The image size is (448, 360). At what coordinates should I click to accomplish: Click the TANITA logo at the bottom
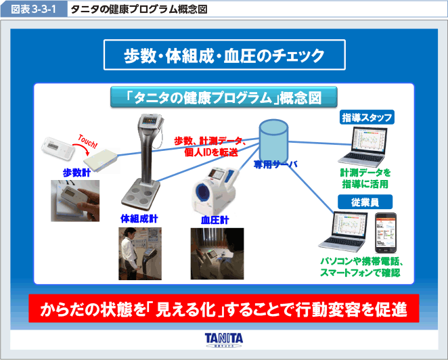click(x=224, y=340)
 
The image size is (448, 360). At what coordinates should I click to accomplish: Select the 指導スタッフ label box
click(x=367, y=117)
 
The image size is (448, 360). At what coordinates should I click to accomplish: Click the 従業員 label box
click(x=365, y=202)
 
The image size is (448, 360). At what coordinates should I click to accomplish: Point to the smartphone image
click(x=386, y=233)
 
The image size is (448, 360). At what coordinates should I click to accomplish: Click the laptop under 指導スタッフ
click(x=363, y=147)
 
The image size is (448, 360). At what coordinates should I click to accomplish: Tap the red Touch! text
click(x=87, y=141)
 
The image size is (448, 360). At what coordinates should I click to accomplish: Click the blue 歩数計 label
click(x=76, y=173)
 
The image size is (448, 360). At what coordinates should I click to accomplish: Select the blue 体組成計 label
click(x=139, y=219)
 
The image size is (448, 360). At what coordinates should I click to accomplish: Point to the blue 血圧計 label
click(x=215, y=221)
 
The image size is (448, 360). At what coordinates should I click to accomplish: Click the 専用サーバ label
click(x=275, y=164)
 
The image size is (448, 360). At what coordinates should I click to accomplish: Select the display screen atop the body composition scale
click(x=150, y=121)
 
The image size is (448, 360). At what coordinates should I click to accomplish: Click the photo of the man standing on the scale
click(x=140, y=254)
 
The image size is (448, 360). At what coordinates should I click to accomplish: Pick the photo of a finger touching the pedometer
click(x=75, y=200)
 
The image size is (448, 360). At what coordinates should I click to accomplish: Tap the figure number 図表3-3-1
click(x=33, y=9)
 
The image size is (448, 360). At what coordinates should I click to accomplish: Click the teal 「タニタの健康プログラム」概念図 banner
click(x=224, y=97)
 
